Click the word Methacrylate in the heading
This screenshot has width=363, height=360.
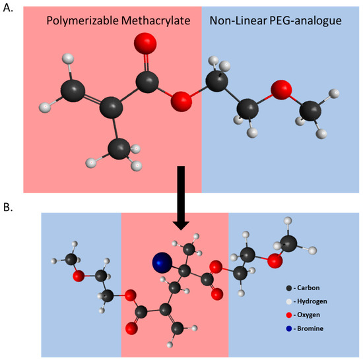point(158,21)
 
